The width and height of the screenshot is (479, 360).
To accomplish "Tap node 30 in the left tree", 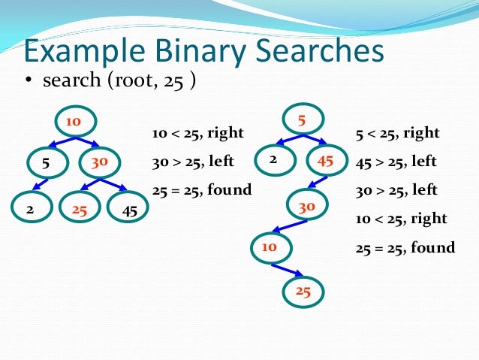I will (x=98, y=162).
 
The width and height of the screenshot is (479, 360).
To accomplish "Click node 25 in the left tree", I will (x=80, y=210).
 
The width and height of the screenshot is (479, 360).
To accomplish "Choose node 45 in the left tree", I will (x=130, y=210).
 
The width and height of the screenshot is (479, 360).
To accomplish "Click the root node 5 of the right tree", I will (x=303, y=119).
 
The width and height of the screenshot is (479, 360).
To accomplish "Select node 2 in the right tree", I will (x=273, y=159).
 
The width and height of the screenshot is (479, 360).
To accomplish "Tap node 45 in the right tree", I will (x=326, y=159).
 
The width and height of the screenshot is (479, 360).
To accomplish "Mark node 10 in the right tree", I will (x=270, y=246).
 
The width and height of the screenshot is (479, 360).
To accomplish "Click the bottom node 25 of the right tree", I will (x=303, y=290).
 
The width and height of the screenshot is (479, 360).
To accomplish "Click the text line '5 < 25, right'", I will (x=397, y=134).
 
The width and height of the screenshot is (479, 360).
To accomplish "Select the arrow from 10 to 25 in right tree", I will (x=288, y=269).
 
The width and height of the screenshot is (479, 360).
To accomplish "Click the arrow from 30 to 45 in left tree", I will (x=113, y=185).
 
